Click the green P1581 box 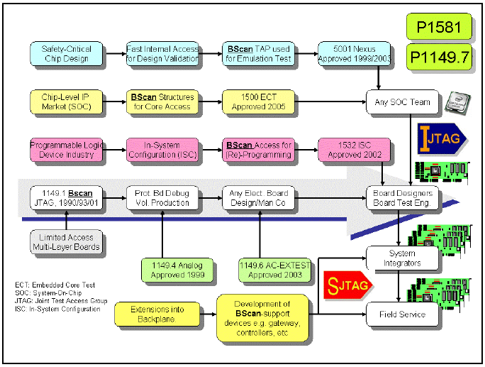click(437, 28)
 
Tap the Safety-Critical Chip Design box click(65, 53)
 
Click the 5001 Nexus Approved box click(355, 53)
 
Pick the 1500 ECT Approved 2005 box click(257, 102)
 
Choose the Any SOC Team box click(402, 102)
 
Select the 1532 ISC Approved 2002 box click(355, 150)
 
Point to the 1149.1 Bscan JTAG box click(65, 197)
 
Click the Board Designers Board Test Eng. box click(402, 197)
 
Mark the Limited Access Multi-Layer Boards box click(65, 242)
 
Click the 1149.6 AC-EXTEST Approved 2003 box click(275, 270)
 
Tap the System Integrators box click(402, 258)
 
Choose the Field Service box click(402, 314)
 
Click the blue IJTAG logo click(440, 138)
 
